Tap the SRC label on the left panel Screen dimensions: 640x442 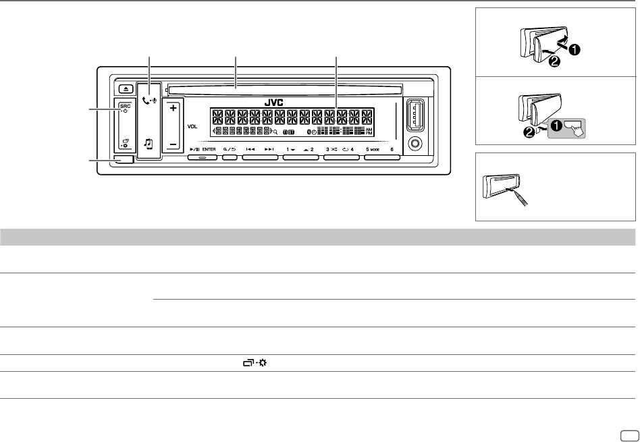[125, 106]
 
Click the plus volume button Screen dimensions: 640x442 [174, 108]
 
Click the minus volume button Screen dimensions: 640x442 [174, 144]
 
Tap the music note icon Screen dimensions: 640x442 [149, 143]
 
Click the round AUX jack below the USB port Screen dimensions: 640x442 [415, 143]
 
